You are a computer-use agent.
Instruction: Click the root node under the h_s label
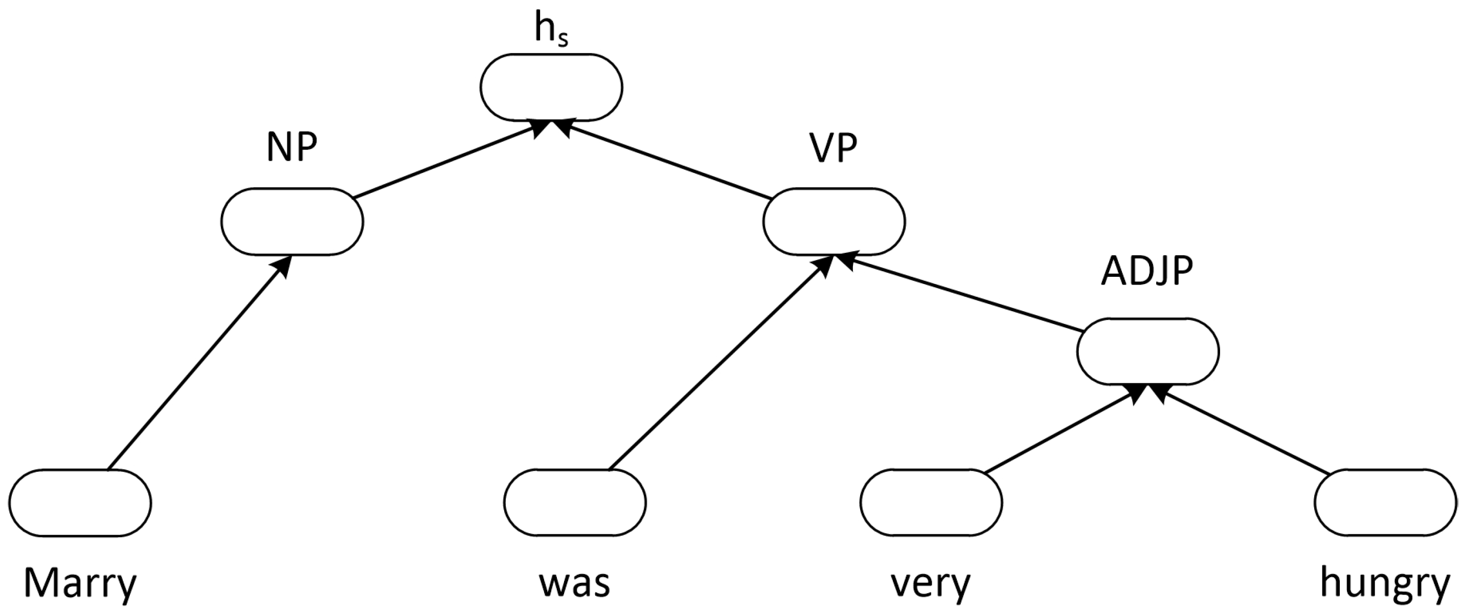click(x=551, y=87)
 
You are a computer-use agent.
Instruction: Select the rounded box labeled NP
click(x=292, y=222)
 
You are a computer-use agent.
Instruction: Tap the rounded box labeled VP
click(x=834, y=222)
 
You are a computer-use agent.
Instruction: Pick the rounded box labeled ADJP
click(x=1147, y=351)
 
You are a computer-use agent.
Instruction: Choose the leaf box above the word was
click(x=575, y=502)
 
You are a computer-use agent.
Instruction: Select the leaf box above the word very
click(x=931, y=502)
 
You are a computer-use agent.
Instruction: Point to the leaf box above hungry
click(x=1385, y=502)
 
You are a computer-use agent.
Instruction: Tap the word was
click(x=575, y=582)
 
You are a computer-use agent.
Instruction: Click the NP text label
click(x=292, y=149)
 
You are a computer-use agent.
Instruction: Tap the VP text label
click(x=833, y=149)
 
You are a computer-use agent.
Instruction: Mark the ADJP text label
click(x=1147, y=272)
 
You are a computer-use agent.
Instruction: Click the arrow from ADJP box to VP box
click(x=960, y=294)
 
